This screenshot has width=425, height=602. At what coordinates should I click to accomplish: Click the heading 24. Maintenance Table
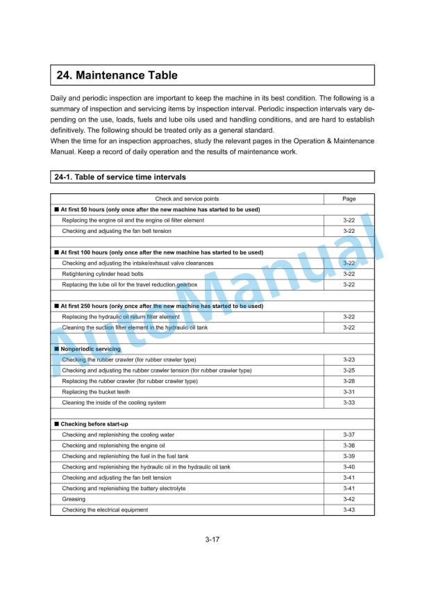pos(117,75)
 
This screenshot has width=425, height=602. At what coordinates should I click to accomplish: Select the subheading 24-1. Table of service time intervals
pos(120,177)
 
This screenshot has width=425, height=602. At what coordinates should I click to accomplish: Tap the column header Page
pos(349,199)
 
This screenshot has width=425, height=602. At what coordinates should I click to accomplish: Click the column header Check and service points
pos(187,199)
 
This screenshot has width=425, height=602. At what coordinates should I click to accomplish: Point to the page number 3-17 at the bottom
pos(212,539)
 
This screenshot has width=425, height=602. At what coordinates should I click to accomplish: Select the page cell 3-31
pos(349,392)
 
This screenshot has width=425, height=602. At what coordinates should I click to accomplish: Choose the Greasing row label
pos(74,499)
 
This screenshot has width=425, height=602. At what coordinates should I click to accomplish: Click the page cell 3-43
pos(349,510)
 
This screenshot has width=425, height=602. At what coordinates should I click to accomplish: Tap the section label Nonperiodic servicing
pos(90,349)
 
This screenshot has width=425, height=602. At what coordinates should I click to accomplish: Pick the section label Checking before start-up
pos(94,424)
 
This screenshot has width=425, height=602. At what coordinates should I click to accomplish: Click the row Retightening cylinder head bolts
pos(103,274)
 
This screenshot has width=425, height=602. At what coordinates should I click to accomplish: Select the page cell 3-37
pos(349,434)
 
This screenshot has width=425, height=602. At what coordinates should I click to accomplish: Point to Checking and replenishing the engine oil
pos(113,446)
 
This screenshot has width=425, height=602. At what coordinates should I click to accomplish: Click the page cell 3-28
pos(349,381)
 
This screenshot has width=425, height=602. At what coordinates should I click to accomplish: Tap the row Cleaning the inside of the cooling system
pos(114,402)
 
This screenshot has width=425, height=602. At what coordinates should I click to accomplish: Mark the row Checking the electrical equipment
pos(105,510)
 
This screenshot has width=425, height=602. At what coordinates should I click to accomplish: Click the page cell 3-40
pos(349,467)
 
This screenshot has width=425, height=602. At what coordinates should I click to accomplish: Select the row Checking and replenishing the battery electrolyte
pos(124,489)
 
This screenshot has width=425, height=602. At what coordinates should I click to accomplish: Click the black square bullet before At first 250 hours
pos(56,306)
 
